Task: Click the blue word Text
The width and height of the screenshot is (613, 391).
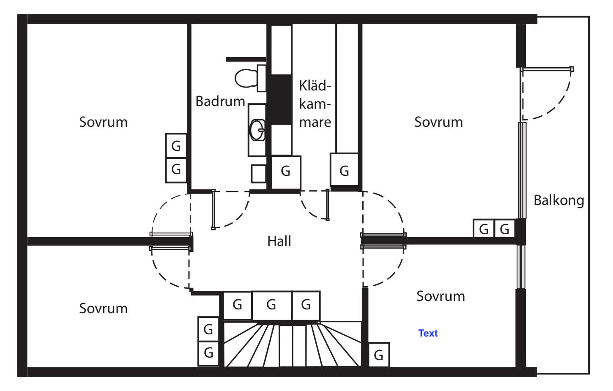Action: click(x=428, y=333)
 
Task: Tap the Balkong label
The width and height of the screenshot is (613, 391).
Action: click(x=558, y=200)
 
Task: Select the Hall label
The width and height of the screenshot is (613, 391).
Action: click(x=279, y=241)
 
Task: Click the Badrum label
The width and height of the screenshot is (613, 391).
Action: click(x=220, y=101)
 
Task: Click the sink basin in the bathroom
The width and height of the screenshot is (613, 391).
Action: click(x=257, y=130)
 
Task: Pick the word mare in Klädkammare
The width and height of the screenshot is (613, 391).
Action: click(x=315, y=122)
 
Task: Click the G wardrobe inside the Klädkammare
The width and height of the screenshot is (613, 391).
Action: click(x=344, y=171)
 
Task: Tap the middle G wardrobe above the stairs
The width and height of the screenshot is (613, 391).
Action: click(x=271, y=305)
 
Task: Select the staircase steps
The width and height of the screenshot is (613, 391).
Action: click(x=292, y=345)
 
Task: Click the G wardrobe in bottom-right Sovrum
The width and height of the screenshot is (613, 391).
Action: click(x=378, y=355)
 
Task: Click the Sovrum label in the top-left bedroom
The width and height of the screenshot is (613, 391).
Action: click(x=103, y=122)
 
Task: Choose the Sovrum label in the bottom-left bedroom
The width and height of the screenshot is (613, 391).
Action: click(x=103, y=309)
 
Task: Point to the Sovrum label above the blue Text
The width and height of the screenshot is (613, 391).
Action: click(x=441, y=296)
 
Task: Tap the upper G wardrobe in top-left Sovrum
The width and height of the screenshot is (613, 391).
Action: click(x=176, y=146)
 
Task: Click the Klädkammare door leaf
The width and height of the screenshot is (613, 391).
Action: click(x=328, y=205)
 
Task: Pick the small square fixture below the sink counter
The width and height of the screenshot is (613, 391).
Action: click(x=258, y=173)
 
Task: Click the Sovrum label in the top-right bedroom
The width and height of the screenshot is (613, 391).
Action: click(x=438, y=122)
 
